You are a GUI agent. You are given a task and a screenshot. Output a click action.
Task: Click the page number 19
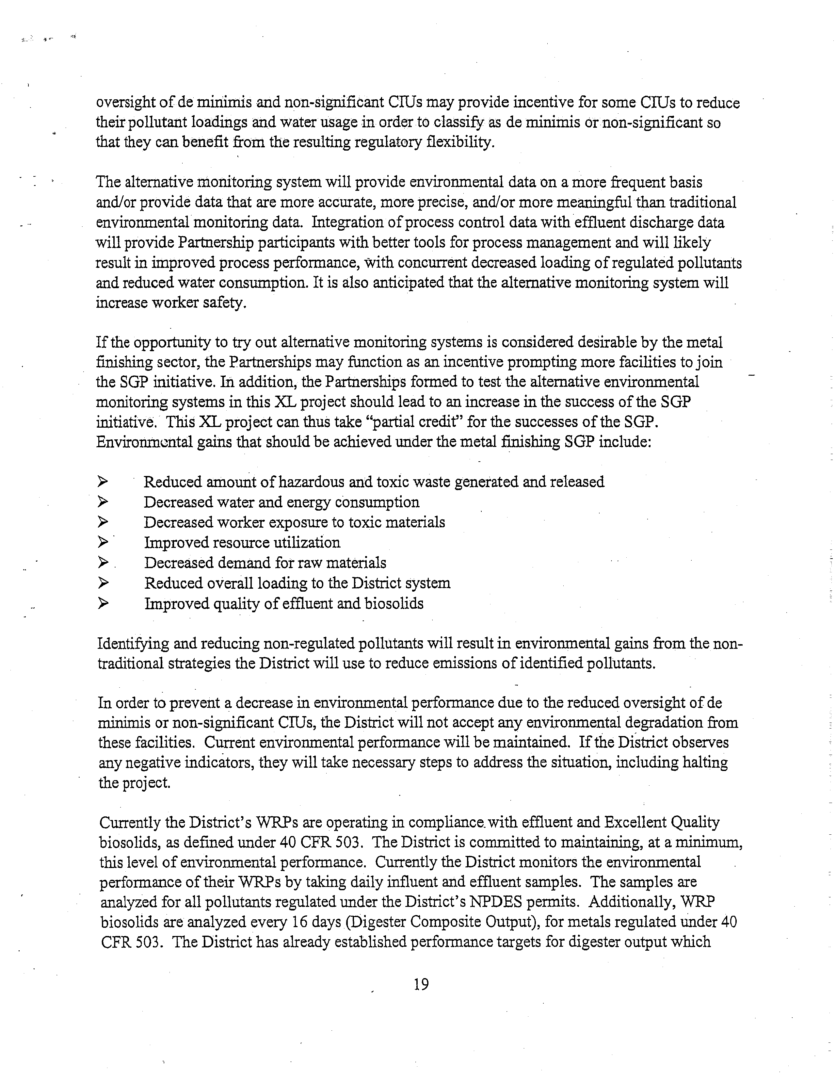[421, 984]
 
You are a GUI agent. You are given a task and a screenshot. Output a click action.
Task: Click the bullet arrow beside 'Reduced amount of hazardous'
[103, 481]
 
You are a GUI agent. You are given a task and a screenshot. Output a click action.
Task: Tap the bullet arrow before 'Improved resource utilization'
[103, 543]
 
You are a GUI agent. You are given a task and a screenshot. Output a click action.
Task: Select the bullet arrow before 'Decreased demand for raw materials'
[103, 563]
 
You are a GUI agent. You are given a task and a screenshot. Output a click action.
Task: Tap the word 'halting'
[705, 762]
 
